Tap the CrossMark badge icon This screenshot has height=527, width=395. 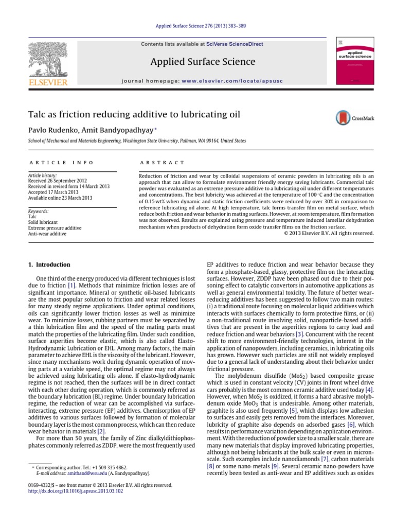click(343, 118)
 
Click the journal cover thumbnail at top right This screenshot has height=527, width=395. click(355, 61)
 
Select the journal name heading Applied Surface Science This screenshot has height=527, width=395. click(203, 62)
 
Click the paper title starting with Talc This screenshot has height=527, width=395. click(134, 114)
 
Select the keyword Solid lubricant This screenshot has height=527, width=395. click(44, 222)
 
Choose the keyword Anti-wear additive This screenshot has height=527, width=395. click(48, 234)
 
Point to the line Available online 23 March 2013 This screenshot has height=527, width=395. click(61, 198)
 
